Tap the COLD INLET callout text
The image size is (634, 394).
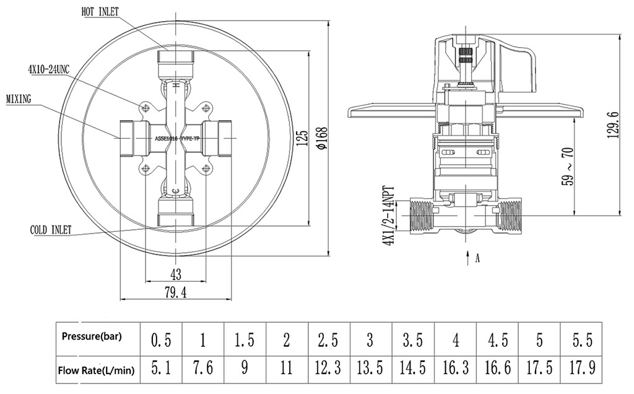click(x=51, y=230)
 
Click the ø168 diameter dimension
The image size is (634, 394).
click(x=322, y=139)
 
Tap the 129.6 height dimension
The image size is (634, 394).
click(x=614, y=126)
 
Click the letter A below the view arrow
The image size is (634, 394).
click(x=477, y=258)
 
